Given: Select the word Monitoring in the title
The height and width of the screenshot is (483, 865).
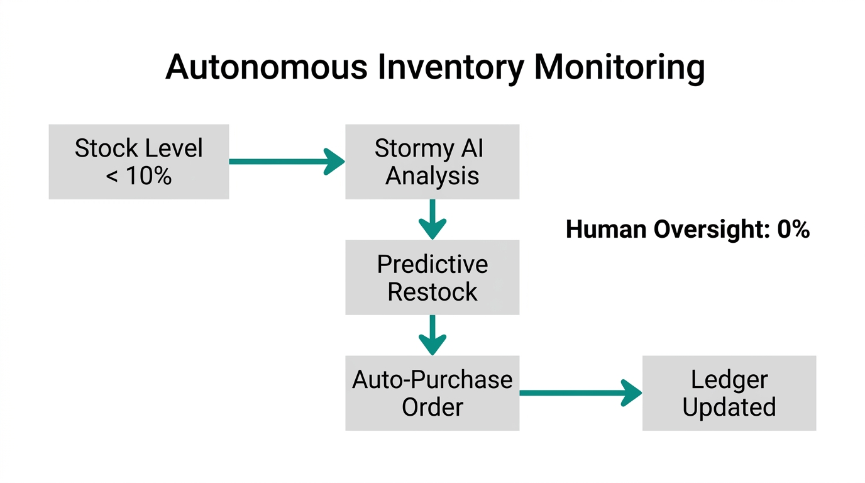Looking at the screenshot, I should tap(619, 68).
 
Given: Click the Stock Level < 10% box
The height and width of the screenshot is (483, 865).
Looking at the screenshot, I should tap(139, 162).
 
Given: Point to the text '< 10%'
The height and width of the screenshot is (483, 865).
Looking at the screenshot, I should tap(139, 176).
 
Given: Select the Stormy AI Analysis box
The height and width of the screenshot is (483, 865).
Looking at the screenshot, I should tap(432, 162).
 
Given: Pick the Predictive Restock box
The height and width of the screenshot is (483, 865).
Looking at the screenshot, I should tap(432, 277).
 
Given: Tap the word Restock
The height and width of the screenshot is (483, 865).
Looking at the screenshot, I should tap(432, 292).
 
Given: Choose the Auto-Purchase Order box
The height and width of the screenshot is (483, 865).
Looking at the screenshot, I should tap(432, 393).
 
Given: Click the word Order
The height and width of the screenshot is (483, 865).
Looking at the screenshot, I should tap(432, 407).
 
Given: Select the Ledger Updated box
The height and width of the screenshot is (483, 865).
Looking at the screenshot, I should tap(729, 393).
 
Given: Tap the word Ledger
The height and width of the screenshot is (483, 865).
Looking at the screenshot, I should tap(729, 380).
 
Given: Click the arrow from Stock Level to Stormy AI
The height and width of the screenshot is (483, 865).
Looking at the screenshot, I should tap(286, 162).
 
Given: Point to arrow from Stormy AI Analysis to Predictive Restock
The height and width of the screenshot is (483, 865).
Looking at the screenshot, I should tap(432, 219).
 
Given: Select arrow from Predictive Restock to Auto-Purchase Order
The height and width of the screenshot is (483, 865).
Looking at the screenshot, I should tap(432, 335).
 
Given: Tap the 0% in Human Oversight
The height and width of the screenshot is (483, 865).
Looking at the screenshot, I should tap(793, 230).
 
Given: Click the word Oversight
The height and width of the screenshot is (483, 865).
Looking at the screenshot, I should tap(712, 230).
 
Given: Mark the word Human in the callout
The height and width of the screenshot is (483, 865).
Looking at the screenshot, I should tap(606, 230).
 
